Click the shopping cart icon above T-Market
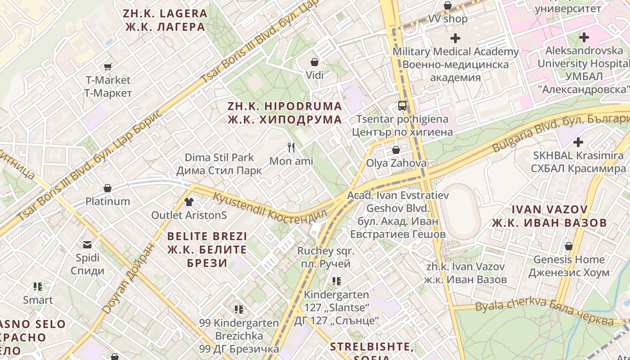[108, 67]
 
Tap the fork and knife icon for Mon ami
[291, 147]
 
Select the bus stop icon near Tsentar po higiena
[402, 106]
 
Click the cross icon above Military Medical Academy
[455, 38]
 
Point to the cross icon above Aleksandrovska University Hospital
[584, 37]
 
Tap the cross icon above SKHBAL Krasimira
[578, 143]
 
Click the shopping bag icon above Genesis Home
[569, 246]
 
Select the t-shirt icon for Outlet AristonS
[189, 202]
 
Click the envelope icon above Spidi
[87, 245]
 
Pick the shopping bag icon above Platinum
[108, 188]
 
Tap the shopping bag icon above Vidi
[315, 62]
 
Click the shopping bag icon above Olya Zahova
[396, 149]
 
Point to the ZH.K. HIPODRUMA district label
[284, 113]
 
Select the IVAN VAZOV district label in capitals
[549, 216]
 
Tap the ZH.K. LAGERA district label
[165, 20]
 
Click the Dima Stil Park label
[219, 164]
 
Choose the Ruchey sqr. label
[326, 257]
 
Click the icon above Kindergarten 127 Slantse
[336, 281]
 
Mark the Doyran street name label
[128, 279]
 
